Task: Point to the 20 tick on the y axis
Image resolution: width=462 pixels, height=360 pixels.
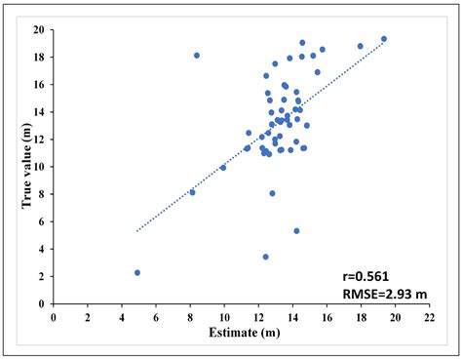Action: [40, 29]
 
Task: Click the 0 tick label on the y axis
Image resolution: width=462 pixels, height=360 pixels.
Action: [43, 304]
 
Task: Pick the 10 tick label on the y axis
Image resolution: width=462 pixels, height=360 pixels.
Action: [40, 167]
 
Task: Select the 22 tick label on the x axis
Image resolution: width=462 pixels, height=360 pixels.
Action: [429, 318]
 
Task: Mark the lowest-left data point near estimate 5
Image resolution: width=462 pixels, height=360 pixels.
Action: [137, 272]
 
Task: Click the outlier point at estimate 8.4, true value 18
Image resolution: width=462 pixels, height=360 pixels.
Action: [197, 56]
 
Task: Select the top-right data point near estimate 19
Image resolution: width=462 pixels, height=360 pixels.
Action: [384, 39]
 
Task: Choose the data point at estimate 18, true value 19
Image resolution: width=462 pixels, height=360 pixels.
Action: [361, 46]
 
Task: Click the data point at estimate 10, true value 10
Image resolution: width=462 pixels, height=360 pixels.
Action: [223, 168]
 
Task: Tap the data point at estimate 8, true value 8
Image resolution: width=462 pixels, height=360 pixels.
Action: [192, 192]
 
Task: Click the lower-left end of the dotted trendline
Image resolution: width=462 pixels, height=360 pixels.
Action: [137, 231]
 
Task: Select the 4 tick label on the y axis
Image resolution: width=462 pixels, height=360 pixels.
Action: [43, 250]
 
